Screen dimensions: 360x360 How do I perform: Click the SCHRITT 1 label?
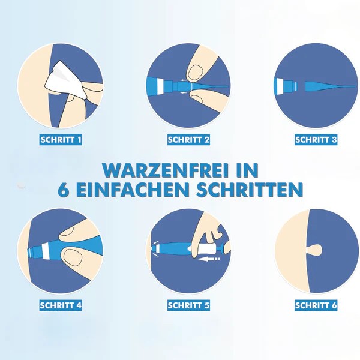tap(61, 140)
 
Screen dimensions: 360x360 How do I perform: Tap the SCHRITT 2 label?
tap(188, 140)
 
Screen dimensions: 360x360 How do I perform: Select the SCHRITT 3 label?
tap(316, 140)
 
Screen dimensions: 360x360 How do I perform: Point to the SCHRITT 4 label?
tap(61, 305)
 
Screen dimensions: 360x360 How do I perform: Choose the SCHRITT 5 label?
tap(188, 305)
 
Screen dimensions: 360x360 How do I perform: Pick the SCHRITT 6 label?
tap(316, 305)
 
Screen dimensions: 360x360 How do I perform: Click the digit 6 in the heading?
tap(64, 190)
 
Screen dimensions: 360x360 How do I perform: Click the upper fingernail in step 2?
tap(196, 72)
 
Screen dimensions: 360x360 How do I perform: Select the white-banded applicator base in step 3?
tap(286, 86)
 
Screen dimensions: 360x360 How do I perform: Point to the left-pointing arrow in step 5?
tap(209, 259)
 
